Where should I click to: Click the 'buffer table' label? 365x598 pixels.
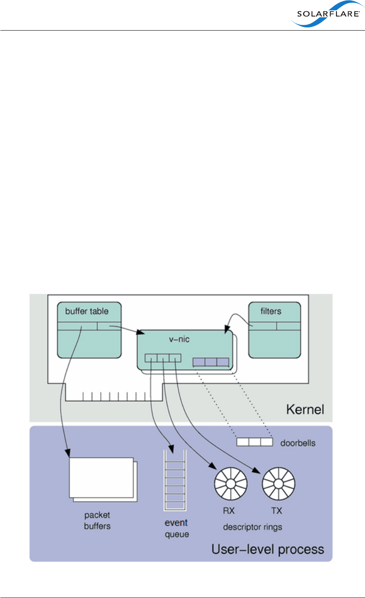point(87,311)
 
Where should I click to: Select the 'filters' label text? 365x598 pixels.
point(271,311)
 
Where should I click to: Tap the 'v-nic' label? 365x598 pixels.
point(179,339)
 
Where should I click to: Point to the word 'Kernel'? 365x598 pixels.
point(305,410)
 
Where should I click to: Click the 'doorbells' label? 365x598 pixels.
point(298,443)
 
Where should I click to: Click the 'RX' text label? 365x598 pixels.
point(229,511)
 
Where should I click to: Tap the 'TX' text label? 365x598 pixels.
point(277,511)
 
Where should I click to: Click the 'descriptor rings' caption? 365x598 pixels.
point(252,527)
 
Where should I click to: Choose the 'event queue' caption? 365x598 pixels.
point(176,528)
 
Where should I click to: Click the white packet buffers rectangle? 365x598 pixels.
point(101,478)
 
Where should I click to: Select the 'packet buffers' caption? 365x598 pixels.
point(97,520)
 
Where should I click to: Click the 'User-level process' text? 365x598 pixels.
point(268,549)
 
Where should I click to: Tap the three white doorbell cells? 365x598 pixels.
point(254,442)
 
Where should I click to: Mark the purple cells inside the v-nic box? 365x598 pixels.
point(211,362)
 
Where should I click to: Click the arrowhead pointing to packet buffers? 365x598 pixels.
point(68,453)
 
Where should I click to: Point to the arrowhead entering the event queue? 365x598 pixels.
point(172,448)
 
